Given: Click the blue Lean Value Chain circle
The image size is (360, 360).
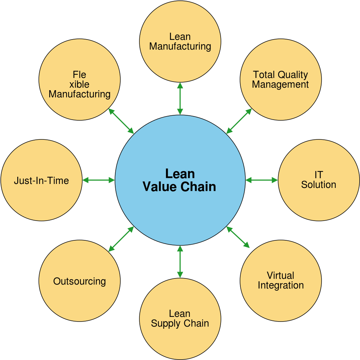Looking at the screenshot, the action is point(180,180).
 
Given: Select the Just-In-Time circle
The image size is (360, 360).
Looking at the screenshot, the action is point(42,180).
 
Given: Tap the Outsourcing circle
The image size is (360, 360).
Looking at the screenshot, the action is point(79,281).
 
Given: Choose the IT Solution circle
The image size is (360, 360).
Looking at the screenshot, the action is point(319,180).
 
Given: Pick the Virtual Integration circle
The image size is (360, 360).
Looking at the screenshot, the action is point(281,281).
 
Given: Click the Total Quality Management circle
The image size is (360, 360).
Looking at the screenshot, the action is point(281,79).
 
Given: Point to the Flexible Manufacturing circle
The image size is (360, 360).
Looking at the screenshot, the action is point(79,79).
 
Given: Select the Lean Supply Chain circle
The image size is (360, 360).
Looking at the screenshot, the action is point(180,319).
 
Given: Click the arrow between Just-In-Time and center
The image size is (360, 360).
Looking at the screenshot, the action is point(98,180).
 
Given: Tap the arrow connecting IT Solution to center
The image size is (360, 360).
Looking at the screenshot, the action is point(262,180).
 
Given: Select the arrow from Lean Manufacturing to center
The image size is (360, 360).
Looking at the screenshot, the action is point(180,98).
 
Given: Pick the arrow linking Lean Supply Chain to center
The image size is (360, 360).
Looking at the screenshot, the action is point(180,262).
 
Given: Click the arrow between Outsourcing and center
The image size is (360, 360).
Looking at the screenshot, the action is point(121,239).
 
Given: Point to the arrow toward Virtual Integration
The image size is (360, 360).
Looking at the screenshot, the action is point(238,237).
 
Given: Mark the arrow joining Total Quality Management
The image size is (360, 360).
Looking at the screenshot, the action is point(239,121).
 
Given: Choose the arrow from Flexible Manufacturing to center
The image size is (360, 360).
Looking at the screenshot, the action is point(121,121).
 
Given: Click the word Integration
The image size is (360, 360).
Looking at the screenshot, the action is point(281,285).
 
